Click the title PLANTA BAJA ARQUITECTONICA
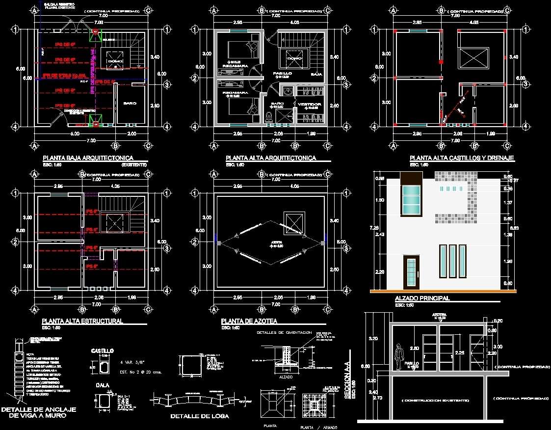coord(88,158)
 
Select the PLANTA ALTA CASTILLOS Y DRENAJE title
coord(462,158)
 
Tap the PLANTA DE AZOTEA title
coord(249,321)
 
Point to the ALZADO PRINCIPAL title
coord(422,298)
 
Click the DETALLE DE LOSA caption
coord(199,416)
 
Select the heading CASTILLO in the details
coord(103,351)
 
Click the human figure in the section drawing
coord(400,355)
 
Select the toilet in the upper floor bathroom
coord(269,116)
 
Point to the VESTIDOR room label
coord(310,104)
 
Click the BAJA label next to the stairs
coord(316,74)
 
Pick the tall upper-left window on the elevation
coord(411,201)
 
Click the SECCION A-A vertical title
coord(347,376)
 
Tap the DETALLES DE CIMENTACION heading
coord(284,333)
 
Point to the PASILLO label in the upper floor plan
coord(283,73)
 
